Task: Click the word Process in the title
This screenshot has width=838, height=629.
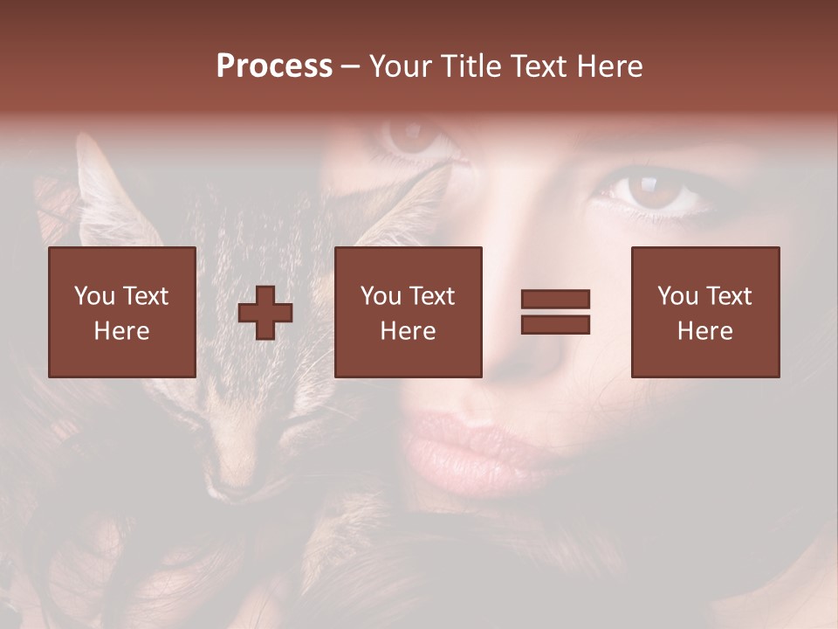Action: coord(274,66)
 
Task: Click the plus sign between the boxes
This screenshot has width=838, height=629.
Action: coord(266,313)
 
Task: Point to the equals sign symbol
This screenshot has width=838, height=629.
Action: coord(555,312)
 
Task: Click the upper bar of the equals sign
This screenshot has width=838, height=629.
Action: coord(555,300)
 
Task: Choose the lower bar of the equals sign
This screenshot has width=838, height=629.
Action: coord(555,324)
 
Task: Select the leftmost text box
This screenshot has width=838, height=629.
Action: coord(122,312)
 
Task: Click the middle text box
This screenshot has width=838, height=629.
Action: coord(409,312)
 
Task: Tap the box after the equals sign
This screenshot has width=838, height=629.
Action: coord(705,312)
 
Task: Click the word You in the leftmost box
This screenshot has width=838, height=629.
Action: coord(94,296)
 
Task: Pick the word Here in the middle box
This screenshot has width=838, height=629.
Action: coord(409,331)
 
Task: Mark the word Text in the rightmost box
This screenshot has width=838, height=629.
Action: coord(728,296)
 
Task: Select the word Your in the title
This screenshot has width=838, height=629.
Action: coord(402,66)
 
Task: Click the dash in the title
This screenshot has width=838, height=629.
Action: coord(351,67)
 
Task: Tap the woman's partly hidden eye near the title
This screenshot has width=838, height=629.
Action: coord(410,135)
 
